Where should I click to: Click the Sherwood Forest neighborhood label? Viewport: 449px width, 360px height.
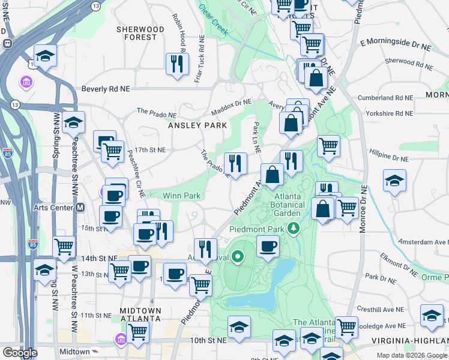(x=140, y=33)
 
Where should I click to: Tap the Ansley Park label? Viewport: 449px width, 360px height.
(x=197, y=125)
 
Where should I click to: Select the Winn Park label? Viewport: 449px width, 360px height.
(x=181, y=195)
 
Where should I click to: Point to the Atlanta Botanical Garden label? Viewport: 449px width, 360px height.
(x=288, y=205)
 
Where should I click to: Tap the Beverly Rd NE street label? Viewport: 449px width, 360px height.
(x=106, y=89)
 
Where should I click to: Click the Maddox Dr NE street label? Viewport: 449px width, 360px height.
(x=231, y=107)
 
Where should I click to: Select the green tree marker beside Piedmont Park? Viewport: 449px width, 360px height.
(x=294, y=228)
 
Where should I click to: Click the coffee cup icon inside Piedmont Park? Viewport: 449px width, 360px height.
(x=268, y=245)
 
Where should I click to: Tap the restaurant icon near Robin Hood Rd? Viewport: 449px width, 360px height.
(x=177, y=63)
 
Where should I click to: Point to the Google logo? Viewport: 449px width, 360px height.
(x=20, y=353)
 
